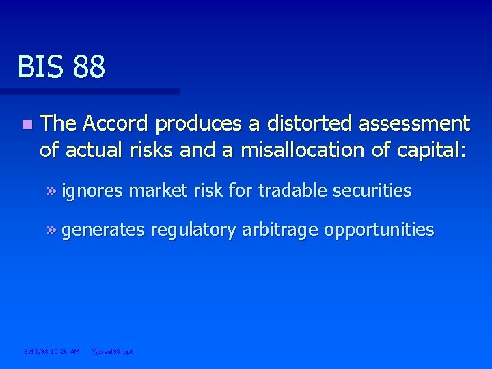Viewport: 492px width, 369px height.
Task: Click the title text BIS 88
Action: [61, 67]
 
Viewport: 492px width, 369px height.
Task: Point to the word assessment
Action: [417, 124]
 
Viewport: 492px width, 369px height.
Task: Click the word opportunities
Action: [379, 230]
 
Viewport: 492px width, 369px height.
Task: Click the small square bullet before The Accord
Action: [25, 124]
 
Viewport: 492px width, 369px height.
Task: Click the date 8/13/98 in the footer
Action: [36, 352]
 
